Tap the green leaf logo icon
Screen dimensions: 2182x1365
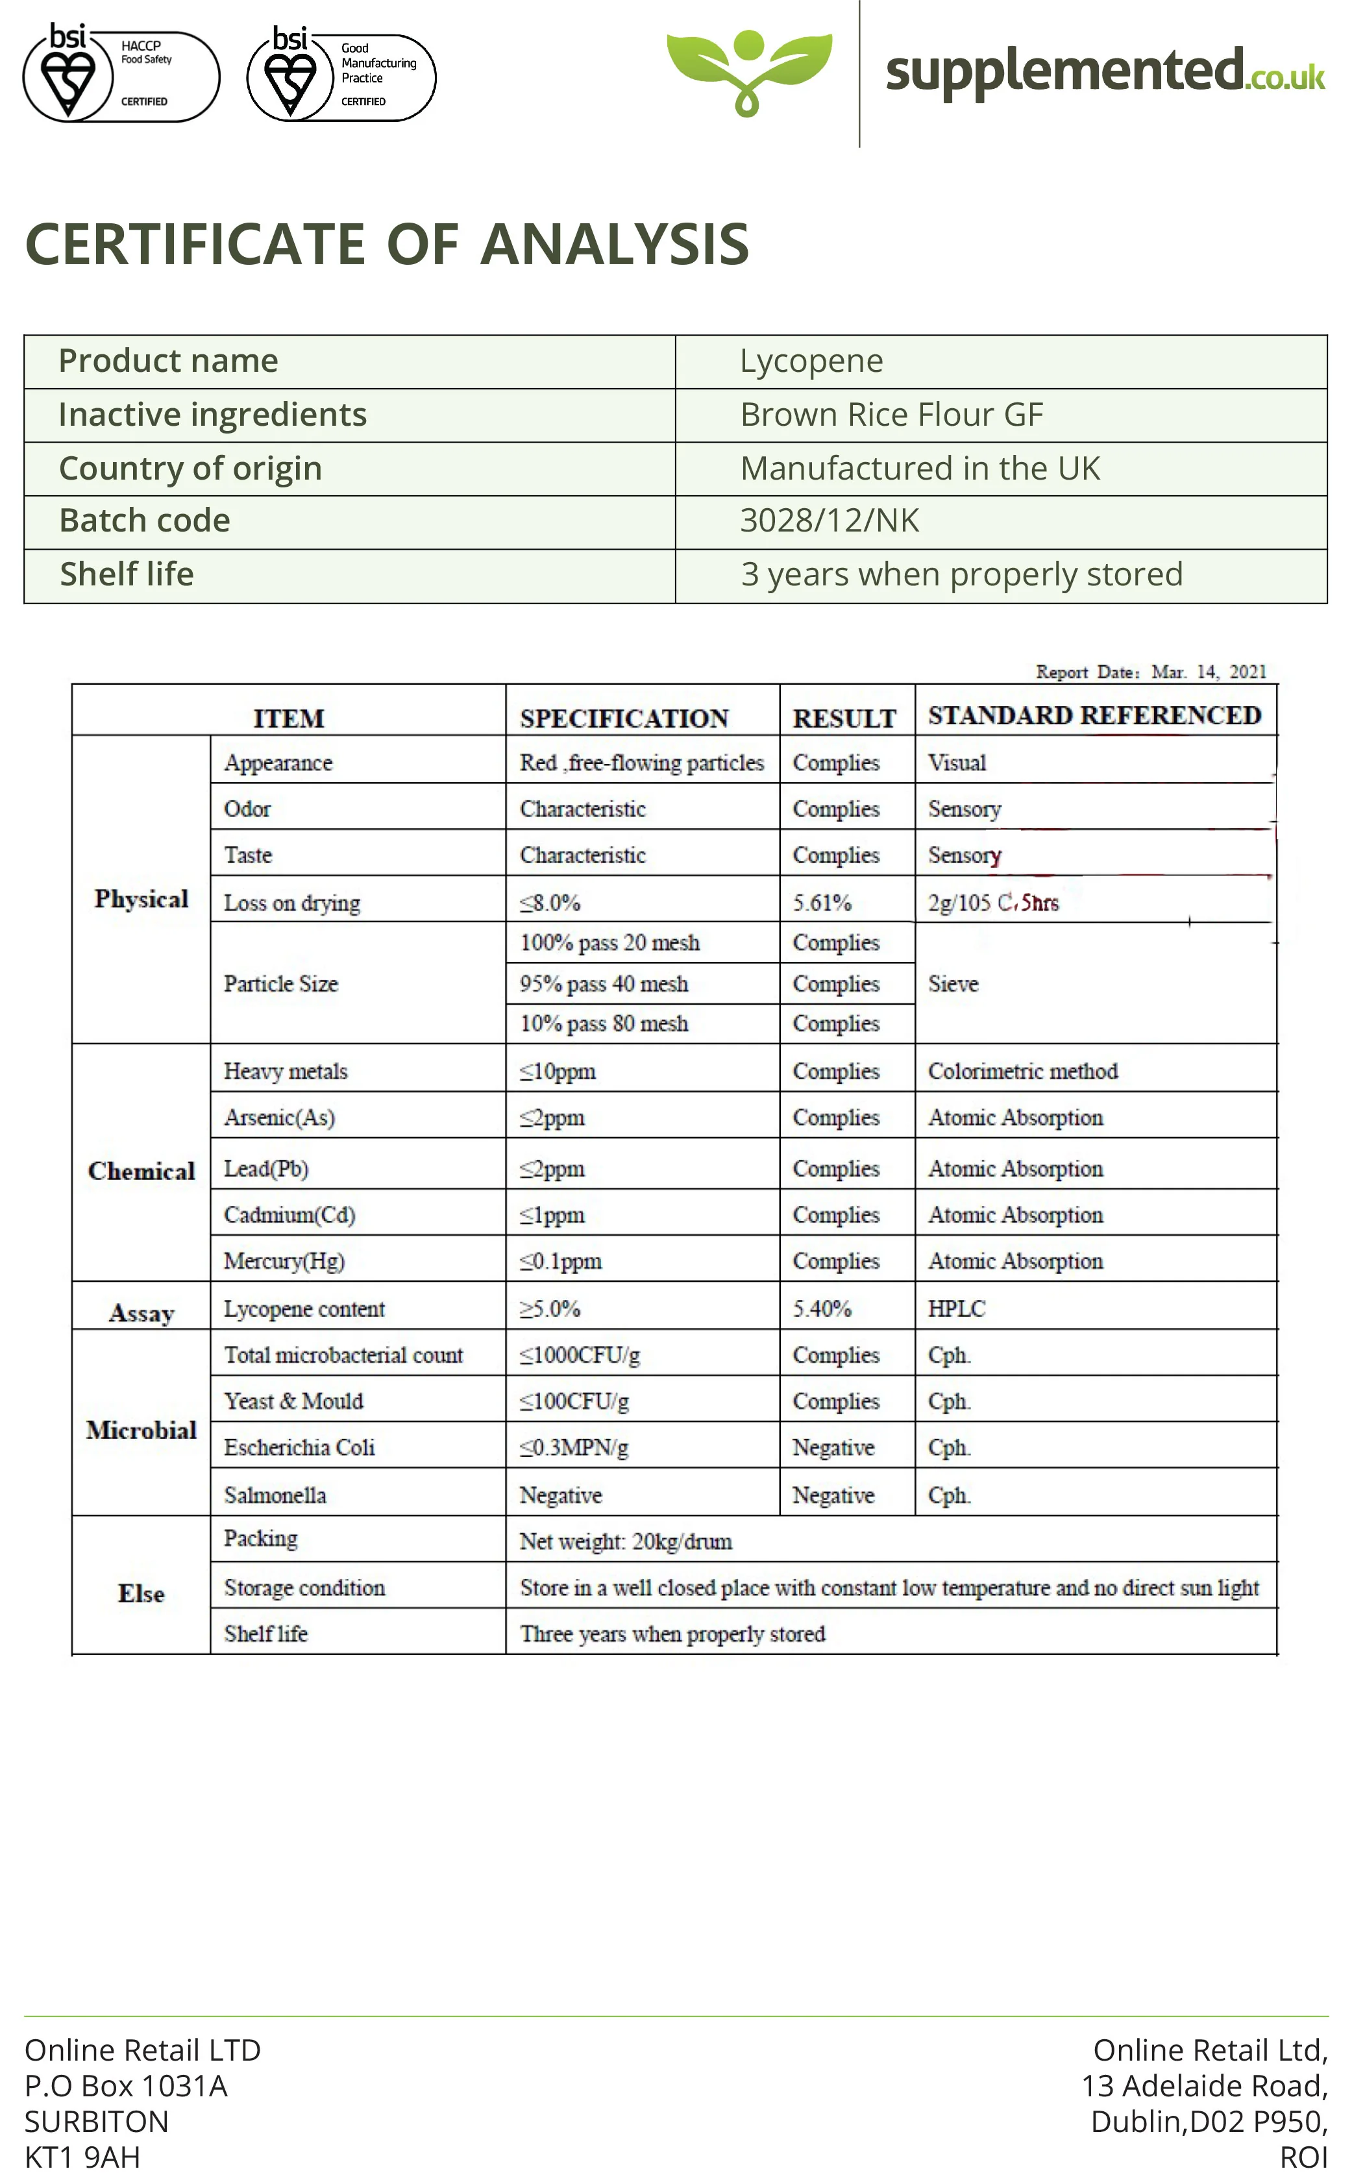click(x=748, y=70)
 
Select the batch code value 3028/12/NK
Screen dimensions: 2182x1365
click(x=829, y=521)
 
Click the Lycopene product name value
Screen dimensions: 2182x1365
click(x=811, y=361)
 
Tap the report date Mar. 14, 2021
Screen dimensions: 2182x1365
click(x=1208, y=672)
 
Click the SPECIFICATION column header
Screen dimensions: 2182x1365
click(x=624, y=718)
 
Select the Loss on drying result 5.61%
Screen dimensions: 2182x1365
click(x=822, y=903)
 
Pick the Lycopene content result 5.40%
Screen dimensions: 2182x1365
click(x=822, y=1309)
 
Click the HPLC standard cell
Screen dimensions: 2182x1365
click(x=956, y=1309)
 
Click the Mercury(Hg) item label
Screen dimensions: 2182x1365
click(x=284, y=1261)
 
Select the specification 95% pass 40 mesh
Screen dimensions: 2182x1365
click(x=603, y=984)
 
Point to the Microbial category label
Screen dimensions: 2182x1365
click(x=141, y=1430)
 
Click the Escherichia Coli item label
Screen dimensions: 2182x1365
click(x=299, y=1448)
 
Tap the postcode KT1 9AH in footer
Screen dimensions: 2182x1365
click(x=82, y=2157)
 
